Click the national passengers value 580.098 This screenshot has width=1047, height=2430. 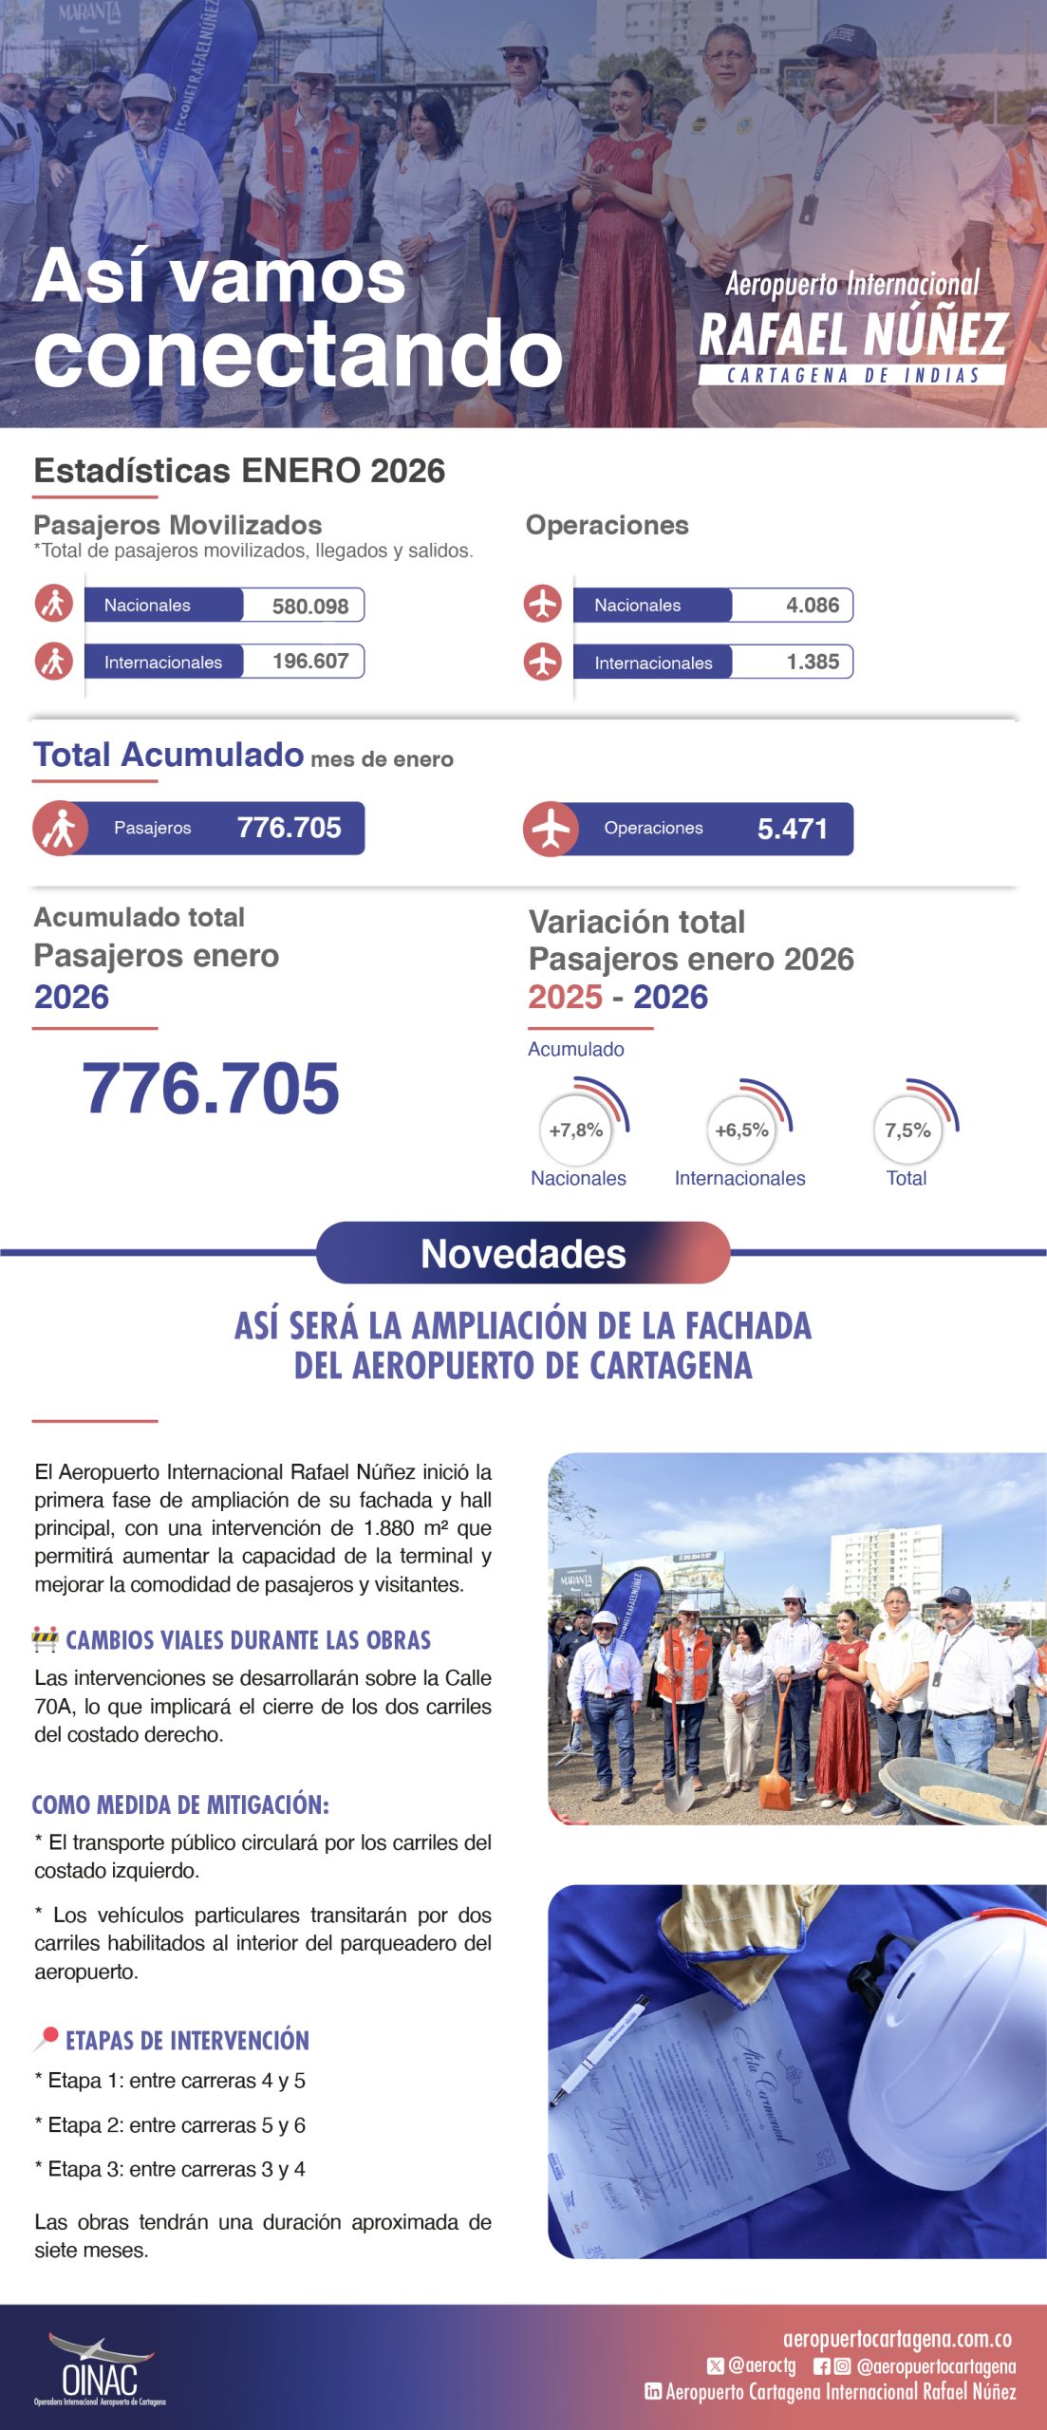(309, 606)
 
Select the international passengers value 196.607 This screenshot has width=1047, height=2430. (309, 661)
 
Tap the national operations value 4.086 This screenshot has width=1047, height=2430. (812, 606)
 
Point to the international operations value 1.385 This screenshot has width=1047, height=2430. (812, 662)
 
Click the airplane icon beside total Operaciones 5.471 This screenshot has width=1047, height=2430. (551, 829)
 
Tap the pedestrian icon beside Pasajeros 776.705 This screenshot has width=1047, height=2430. (61, 829)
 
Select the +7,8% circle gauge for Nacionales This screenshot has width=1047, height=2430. (576, 1130)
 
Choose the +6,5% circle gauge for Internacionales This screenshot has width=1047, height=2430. (741, 1130)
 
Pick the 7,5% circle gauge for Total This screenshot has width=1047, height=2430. (907, 1130)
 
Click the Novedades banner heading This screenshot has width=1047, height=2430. (523, 1254)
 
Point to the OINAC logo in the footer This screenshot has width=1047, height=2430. (100, 2370)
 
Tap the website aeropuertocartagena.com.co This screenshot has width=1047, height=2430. (896, 2339)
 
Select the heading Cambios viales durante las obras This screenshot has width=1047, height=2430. (248, 1640)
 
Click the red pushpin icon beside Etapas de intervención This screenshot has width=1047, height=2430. (46, 2039)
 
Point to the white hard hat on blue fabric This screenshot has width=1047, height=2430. (959, 2060)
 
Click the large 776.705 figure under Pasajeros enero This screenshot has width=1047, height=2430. (211, 1088)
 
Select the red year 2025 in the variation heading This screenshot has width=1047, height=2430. (565, 998)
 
